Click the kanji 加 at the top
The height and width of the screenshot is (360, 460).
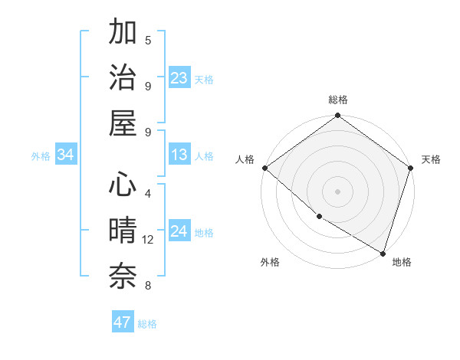[123, 33]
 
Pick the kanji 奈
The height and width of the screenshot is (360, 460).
[123, 276]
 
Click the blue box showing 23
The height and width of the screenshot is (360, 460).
[179, 77]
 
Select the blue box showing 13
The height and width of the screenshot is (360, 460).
[179, 155]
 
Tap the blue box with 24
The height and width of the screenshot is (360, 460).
[179, 231]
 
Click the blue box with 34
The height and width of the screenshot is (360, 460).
[66, 155]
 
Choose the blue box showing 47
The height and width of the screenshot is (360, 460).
[123, 322]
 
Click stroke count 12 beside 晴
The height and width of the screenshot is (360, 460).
[148, 240]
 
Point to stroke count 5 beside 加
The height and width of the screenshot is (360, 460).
[148, 40]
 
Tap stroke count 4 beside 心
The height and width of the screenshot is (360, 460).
[148, 193]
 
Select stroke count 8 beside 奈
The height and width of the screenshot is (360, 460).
[148, 286]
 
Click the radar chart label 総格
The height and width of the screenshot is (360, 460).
[338, 100]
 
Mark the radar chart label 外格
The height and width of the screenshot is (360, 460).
[270, 262]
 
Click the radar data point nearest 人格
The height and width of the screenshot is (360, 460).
[264, 168]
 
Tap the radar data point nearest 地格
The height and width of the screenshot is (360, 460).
[383, 253]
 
